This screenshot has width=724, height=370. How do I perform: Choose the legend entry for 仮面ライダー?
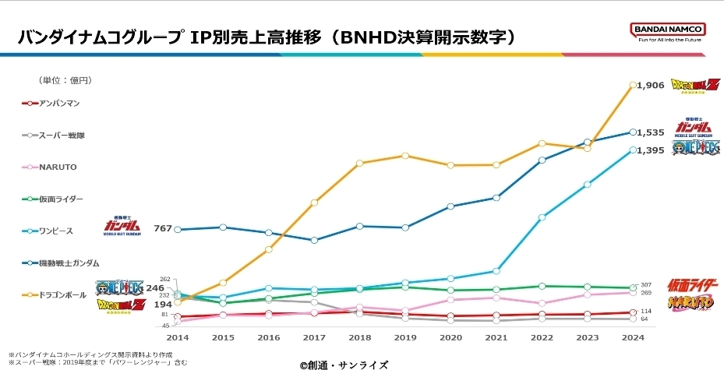tap(56, 199)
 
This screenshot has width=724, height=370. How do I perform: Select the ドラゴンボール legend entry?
tap(61, 294)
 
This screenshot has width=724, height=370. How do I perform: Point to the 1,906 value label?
tap(651, 85)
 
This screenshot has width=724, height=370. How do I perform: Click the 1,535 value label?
tap(651, 132)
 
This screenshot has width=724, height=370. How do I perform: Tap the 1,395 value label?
tap(651, 150)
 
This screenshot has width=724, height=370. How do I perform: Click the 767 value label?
tap(163, 229)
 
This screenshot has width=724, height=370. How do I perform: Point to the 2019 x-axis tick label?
tap(404, 337)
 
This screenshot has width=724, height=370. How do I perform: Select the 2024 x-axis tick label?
tap(632, 337)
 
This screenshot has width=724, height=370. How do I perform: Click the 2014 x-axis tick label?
tap(177, 337)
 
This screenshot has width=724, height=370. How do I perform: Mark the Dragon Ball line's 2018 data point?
tap(359, 163)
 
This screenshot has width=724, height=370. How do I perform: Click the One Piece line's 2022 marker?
tap(542, 217)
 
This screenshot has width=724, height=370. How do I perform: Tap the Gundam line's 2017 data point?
tap(314, 240)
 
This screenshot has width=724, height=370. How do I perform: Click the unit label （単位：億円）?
tap(65, 80)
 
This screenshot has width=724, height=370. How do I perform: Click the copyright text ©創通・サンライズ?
tap(343, 364)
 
